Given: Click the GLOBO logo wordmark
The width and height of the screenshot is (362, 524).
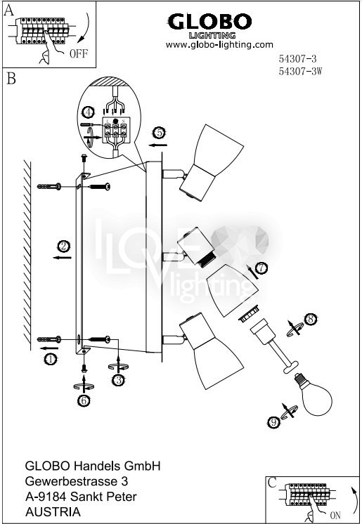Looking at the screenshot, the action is click(209, 22).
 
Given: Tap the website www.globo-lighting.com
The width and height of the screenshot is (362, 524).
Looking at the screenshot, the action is click(219, 44).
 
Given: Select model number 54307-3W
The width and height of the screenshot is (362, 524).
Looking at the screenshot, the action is click(300, 71).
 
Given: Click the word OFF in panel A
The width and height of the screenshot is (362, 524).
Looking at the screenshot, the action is click(78, 53).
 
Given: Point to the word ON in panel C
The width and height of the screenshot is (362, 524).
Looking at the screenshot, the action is click(335, 515).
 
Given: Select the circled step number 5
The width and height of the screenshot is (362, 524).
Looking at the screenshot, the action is click(159, 133).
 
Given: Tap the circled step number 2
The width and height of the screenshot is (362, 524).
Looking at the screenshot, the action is click(63, 247).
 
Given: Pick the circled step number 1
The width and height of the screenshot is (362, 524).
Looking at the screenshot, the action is click(50, 360).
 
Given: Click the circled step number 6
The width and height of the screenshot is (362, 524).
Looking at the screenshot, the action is click(84, 400).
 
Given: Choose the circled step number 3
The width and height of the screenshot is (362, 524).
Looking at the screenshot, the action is click(118, 380).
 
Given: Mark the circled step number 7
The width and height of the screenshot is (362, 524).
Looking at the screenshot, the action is click(261, 268).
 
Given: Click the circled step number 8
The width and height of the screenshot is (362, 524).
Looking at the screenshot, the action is click(311, 319).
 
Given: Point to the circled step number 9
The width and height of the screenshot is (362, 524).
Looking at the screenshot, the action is click(274, 422).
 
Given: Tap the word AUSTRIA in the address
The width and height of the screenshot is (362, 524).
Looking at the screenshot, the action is click(53, 512).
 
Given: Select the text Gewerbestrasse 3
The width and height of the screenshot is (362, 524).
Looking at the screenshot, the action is click(77, 481).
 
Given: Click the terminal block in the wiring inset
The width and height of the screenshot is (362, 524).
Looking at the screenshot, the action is click(115, 131).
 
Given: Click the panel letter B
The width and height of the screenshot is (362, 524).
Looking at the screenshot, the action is click(11, 79).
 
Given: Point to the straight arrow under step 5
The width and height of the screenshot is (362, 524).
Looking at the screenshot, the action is click(158, 145).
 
